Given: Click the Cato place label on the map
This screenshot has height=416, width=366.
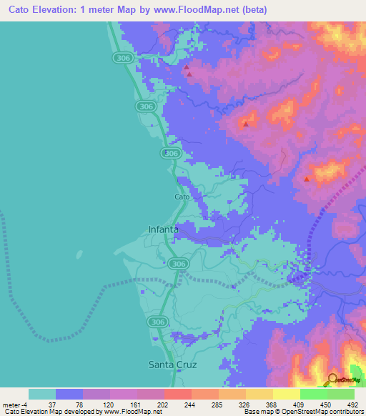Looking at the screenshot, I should click(x=182, y=197).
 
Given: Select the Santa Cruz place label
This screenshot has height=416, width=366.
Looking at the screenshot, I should click(x=172, y=364).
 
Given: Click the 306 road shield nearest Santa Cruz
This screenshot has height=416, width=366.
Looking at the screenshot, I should click(x=158, y=322).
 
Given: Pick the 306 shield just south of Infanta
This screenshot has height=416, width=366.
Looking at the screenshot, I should click(x=179, y=264).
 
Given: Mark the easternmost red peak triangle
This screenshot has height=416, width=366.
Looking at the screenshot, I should click(x=307, y=179).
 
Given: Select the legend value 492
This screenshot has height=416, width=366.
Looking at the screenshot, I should click(x=352, y=404).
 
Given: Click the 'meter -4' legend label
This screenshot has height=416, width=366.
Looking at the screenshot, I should click(x=16, y=404).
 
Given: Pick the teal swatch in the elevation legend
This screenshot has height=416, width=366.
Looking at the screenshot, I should click(x=42, y=394).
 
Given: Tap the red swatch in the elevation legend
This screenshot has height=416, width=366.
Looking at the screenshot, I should click(x=178, y=394).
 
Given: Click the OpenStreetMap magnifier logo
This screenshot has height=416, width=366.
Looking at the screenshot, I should click(x=332, y=380).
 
